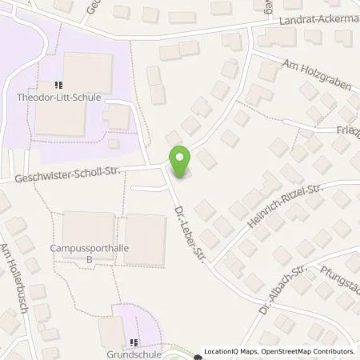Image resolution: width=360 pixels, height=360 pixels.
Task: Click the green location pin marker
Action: click(x=178, y=160)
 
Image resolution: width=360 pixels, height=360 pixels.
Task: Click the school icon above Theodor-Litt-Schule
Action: click(x=58, y=84)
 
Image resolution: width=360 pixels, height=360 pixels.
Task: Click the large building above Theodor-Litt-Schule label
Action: click(x=88, y=70)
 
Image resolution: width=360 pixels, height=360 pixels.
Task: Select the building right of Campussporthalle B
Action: click(x=145, y=238)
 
